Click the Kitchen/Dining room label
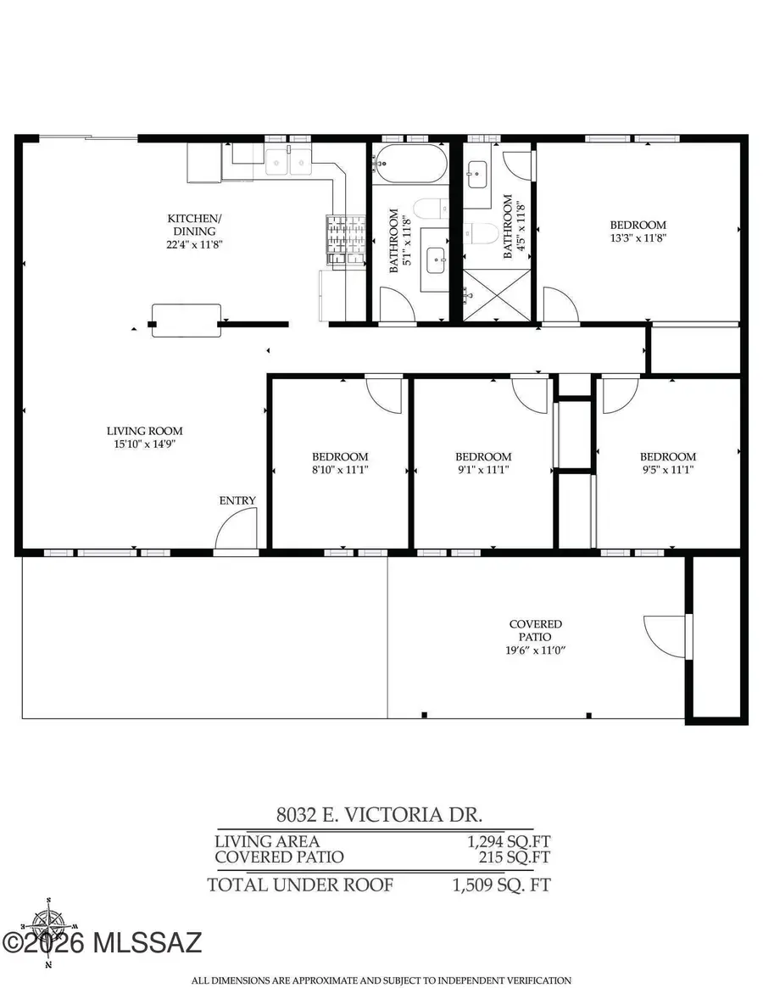click(195, 225)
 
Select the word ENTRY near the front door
click(237, 500)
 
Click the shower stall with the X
click(496, 294)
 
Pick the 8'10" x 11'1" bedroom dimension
click(339, 469)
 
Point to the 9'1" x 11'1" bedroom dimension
click(483, 469)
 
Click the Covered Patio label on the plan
click(535, 630)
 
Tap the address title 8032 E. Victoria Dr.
click(379, 815)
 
